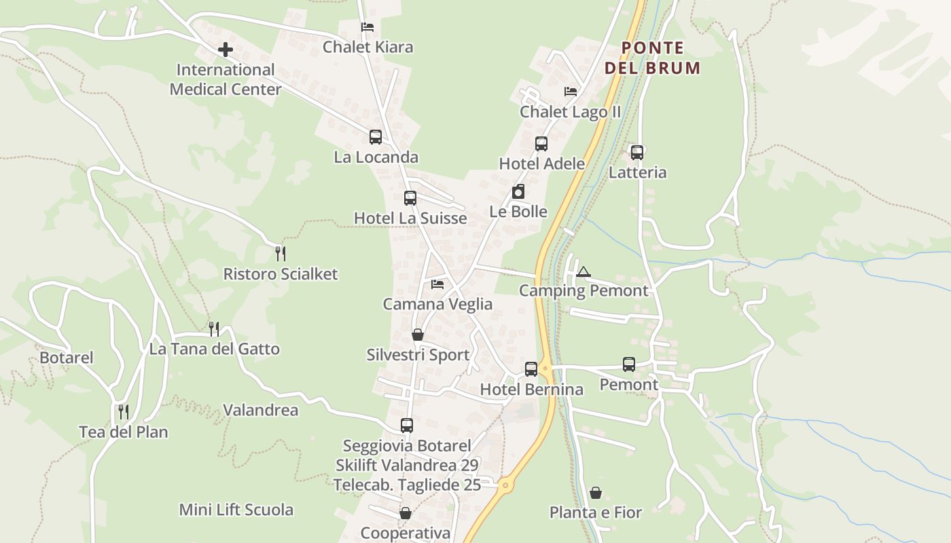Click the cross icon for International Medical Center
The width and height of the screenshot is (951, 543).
[x=226, y=50]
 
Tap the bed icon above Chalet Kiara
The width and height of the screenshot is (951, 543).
[x=367, y=27]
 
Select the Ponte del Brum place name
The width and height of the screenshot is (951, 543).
[x=652, y=58]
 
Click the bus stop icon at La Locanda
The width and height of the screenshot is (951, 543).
[x=376, y=137]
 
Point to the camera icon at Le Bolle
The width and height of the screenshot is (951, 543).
[x=518, y=191]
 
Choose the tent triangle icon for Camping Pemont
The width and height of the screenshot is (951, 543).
[x=583, y=272]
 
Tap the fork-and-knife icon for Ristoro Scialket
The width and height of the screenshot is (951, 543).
[x=281, y=254]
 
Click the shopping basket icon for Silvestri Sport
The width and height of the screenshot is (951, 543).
[x=418, y=335]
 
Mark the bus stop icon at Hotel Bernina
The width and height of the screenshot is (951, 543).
[x=531, y=369]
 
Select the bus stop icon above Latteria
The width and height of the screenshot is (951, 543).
[x=637, y=153]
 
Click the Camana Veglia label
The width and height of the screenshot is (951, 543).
[x=437, y=304]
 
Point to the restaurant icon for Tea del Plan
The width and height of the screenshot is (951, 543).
[x=124, y=411]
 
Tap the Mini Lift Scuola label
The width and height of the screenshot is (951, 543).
[x=236, y=510]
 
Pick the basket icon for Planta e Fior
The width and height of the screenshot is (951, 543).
[x=596, y=492]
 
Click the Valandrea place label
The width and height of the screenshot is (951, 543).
[x=261, y=411]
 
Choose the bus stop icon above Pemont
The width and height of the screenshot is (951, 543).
[x=629, y=364]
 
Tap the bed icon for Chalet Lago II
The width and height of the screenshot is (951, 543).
[x=571, y=92]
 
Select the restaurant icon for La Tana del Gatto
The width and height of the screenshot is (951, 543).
[x=214, y=329]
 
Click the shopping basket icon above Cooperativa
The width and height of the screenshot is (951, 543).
[x=406, y=512]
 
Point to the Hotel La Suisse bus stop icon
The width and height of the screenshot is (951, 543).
[x=410, y=198]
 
